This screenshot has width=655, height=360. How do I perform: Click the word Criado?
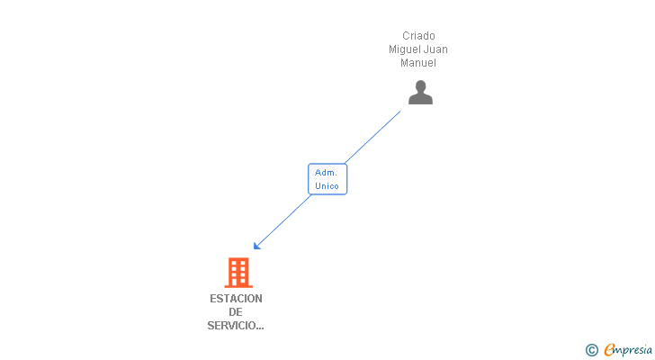click(418, 36)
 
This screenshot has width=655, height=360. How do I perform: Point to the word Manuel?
click(418, 63)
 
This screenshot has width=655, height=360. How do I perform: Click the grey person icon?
click(420, 93)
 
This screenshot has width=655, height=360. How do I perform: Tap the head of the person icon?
click(420, 86)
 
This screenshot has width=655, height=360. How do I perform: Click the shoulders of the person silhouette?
click(420, 99)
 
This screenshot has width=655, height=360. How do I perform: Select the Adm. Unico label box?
click(327, 179)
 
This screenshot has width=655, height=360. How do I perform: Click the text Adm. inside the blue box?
click(327, 173)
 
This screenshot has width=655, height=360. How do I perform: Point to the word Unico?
click(327, 186)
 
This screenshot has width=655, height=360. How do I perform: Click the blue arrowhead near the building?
click(257, 246)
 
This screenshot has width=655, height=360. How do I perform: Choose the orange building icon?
click(238, 272)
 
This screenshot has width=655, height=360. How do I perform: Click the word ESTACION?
click(236, 299)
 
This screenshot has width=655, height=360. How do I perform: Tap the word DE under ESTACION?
click(236, 312)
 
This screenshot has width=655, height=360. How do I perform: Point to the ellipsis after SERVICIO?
click(259, 328)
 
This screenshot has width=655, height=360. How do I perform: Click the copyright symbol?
click(591, 350)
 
